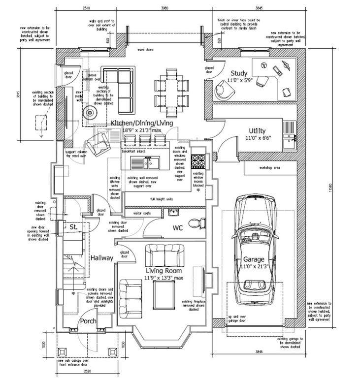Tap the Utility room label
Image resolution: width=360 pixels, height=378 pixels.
[257, 130]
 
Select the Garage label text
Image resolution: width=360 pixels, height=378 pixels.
[253, 259]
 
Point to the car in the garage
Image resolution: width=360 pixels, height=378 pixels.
[255, 251]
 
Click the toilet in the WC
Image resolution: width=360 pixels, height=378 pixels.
[198, 223]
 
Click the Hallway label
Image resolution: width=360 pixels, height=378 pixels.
[102, 257]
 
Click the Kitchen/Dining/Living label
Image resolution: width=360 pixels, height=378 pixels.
[142, 123]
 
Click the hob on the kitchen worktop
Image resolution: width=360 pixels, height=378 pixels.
[199, 160]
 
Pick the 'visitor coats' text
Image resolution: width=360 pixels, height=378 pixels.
[136, 214]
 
